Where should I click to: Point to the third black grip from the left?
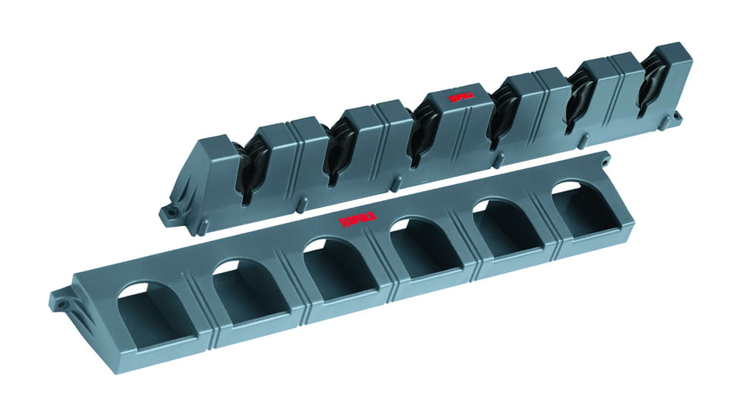pos(420,136)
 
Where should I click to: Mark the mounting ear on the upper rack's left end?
pos(168,215)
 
